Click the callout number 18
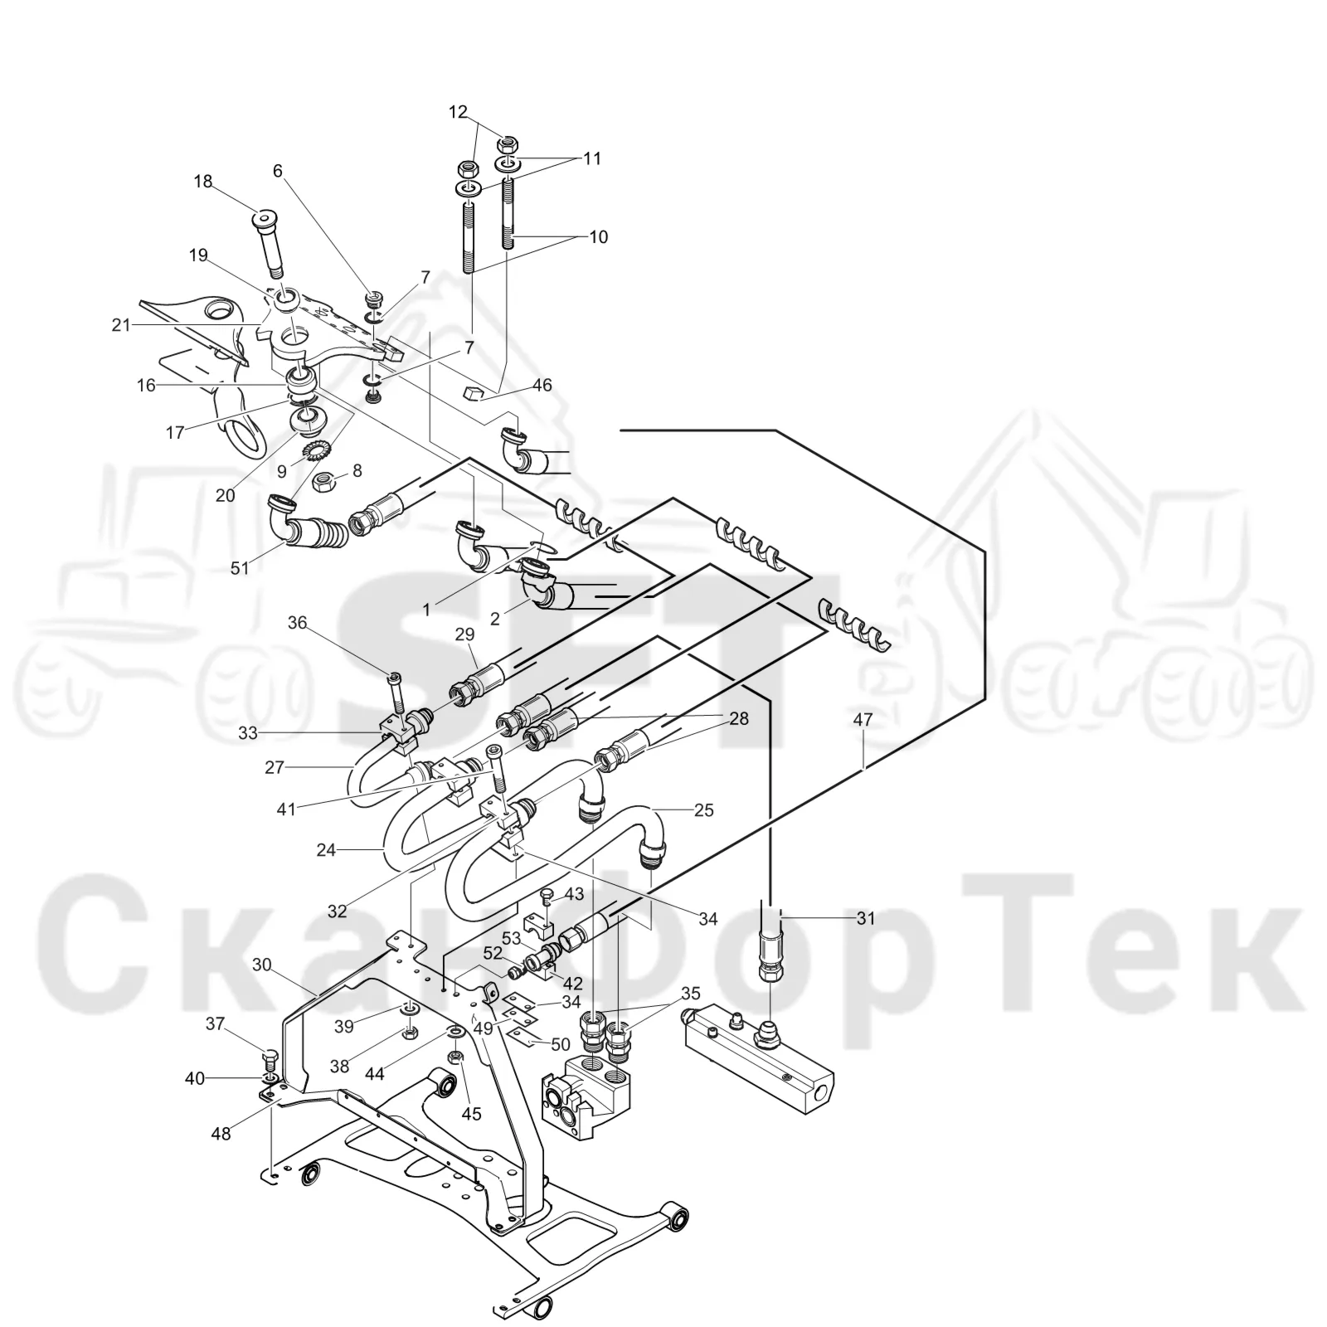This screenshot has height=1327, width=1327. [x=203, y=182]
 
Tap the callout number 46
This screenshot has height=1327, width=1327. [x=542, y=386]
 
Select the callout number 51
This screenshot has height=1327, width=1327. [x=240, y=569]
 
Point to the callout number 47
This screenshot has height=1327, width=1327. [x=863, y=720]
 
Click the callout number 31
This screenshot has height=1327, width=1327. [x=866, y=918]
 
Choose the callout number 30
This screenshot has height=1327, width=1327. [x=262, y=965]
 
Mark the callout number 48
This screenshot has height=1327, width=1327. [x=221, y=1131]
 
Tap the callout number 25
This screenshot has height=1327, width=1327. [x=703, y=810]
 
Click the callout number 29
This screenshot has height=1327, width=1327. [x=464, y=634]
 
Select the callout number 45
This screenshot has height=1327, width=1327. [x=471, y=1114]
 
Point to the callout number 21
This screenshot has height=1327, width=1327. [x=121, y=325]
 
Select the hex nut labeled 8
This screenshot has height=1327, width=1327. [x=324, y=480]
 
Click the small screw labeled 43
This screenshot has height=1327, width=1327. [x=546, y=897]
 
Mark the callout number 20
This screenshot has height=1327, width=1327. [x=226, y=495]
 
